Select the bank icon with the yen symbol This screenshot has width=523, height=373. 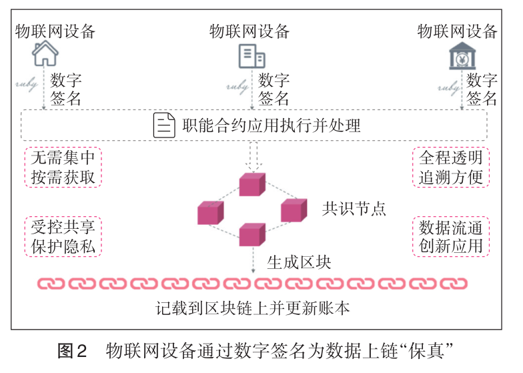click(x=461, y=56)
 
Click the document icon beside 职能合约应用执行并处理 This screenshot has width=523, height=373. click(x=164, y=125)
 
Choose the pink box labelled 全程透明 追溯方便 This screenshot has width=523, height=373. click(x=450, y=167)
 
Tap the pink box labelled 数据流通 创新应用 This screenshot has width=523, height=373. click(x=450, y=236)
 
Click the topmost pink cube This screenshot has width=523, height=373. click(x=252, y=184)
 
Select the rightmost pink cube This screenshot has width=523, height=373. click(x=294, y=210)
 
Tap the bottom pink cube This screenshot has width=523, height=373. click(x=252, y=234)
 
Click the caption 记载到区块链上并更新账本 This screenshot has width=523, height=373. click(x=253, y=308)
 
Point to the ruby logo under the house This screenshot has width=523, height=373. click(x=29, y=86)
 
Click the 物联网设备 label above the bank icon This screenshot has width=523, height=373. click(x=458, y=31)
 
